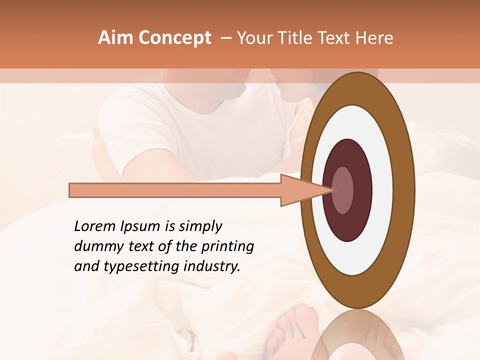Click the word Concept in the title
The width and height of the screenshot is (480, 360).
coord(175,38)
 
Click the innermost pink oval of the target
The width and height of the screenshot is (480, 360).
coord(343,190)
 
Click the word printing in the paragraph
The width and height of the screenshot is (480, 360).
coord(229,247)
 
